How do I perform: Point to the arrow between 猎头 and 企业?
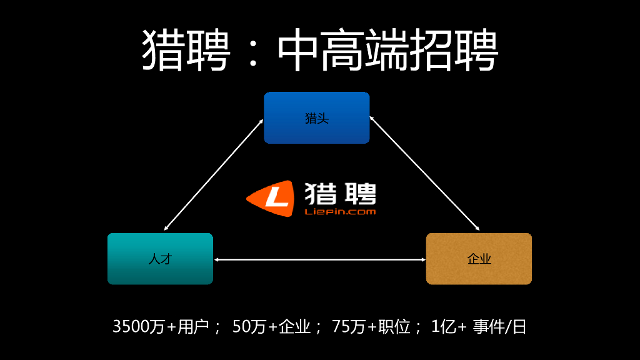pyautogui.click(x=424, y=173)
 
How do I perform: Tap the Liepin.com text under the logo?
pyautogui.click(x=340, y=212)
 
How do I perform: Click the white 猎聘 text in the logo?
pyautogui.click(x=340, y=194)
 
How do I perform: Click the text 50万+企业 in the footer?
pyautogui.click(x=271, y=326)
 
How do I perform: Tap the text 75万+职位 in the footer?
pyautogui.click(x=371, y=326)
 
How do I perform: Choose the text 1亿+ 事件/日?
pyautogui.click(x=479, y=326)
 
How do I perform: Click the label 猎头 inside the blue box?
pyautogui.click(x=316, y=118)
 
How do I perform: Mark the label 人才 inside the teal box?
pyautogui.click(x=160, y=259)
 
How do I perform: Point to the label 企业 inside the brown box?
pyautogui.click(x=479, y=259)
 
